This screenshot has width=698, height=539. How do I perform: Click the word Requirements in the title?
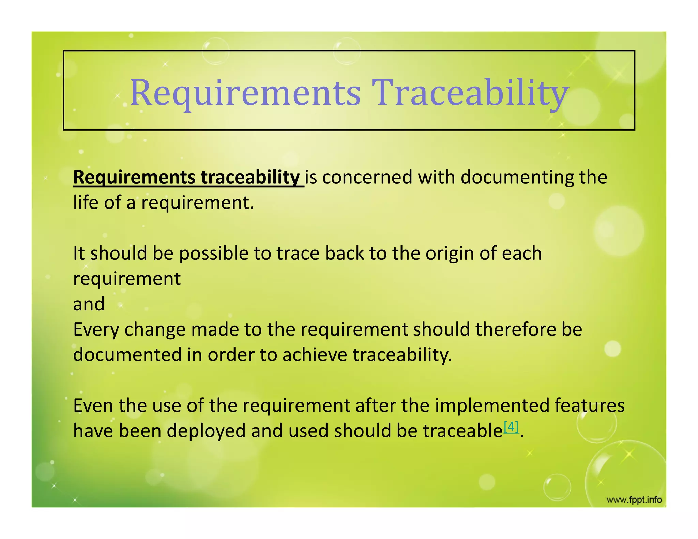coord(245,93)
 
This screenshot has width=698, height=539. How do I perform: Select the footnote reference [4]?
coord(511,427)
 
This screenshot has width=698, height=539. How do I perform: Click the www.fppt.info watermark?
coord(634,500)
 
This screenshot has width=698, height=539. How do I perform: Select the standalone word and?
coord(89,304)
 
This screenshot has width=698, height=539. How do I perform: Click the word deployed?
coord(206,431)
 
